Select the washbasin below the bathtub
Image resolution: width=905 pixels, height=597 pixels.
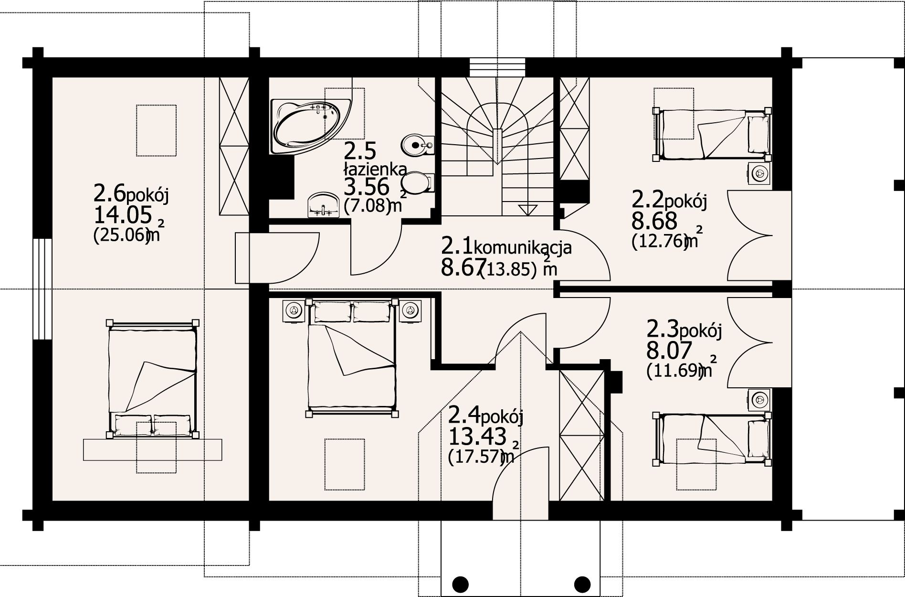point(323,205)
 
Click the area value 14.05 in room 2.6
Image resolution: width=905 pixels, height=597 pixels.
point(123,216)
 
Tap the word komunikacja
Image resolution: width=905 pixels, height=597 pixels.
point(523,247)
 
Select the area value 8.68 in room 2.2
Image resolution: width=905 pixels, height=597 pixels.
point(654,221)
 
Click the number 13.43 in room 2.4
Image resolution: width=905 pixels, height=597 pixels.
point(477,436)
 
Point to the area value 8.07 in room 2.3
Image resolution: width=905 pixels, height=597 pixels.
point(669,351)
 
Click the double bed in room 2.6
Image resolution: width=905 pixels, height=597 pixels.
point(153,378)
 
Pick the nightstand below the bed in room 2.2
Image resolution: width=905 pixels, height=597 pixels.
point(758,173)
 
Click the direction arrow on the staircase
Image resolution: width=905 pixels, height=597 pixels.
point(527,209)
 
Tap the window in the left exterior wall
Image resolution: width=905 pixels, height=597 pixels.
point(43,288)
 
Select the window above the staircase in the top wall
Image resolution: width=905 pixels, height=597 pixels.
point(497,67)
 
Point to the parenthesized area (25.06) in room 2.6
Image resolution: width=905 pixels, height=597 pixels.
point(121,237)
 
